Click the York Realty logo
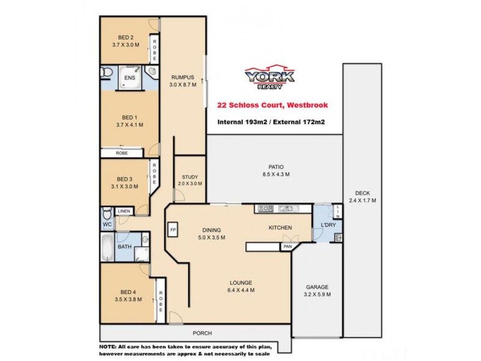pyautogui.click(x=269, y=77)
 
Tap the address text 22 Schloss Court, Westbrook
pyautogui.click(x=272, y=105)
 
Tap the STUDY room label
pyautogui.click(x=189, y=177)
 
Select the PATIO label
pyautogui.click(x=276, y=167)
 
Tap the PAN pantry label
pyautogui.click(x=287, y=247)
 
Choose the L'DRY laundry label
pyautogui.click(x=328, y=226)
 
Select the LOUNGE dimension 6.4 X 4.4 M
pyautogui.click(x=240, y=290)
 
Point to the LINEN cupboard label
pyautogui.click(x=124, y=211)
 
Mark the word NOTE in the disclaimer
pyautogui.click(x=110, y=347)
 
